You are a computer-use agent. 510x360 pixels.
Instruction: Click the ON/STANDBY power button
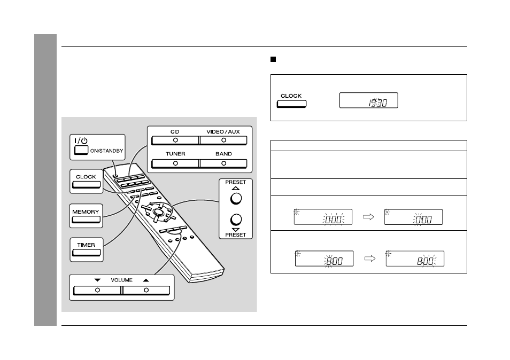(x=81, y=150)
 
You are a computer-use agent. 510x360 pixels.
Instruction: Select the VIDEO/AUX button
(x=223, y=140)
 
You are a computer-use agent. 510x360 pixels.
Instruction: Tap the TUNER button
(x=175, y=163)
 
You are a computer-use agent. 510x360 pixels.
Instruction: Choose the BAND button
(x=223, y=163)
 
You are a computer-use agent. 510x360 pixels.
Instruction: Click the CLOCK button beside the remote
(x=86, y=185)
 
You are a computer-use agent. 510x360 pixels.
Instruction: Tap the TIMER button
(x=86, y=253)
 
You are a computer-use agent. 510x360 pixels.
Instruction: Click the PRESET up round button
(x=236, y=199)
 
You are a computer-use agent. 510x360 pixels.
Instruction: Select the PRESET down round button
(x=236, y=220)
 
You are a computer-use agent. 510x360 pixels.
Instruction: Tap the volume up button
(x=146, y=290)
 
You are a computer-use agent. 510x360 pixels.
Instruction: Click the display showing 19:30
(x=368, y=100)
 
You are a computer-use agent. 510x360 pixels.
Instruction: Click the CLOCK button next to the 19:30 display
(x=291, y=104)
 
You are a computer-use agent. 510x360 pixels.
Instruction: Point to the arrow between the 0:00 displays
(x=368, y=217)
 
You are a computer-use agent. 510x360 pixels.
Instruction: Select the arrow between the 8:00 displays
(x=370, y=259)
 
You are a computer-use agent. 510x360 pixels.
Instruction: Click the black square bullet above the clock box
(x=273, y=59)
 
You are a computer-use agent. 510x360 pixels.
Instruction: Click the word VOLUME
(x=122, y=280)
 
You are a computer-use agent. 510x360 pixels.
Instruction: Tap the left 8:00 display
(x=324, y=259)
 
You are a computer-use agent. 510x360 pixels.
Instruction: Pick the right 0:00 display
(x=413, y=217)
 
